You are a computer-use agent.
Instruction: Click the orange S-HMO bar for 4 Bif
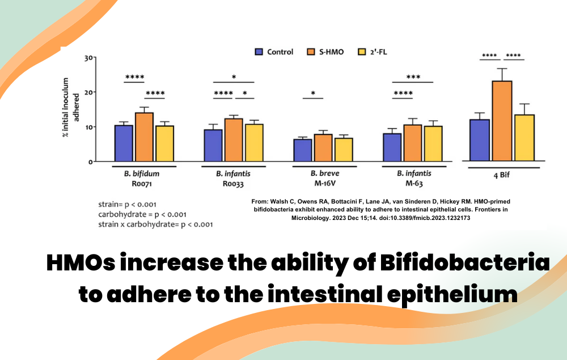502,121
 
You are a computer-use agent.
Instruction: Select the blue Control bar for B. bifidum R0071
124,143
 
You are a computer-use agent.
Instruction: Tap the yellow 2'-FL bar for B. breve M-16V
344,150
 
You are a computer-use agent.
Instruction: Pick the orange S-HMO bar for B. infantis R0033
233,140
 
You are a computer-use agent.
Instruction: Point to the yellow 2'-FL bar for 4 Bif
524,138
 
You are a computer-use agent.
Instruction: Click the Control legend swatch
259,52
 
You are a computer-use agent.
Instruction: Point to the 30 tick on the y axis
88,58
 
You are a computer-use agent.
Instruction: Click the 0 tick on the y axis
90,162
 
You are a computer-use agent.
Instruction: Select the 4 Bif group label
501,175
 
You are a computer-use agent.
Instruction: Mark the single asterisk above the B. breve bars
312,94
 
